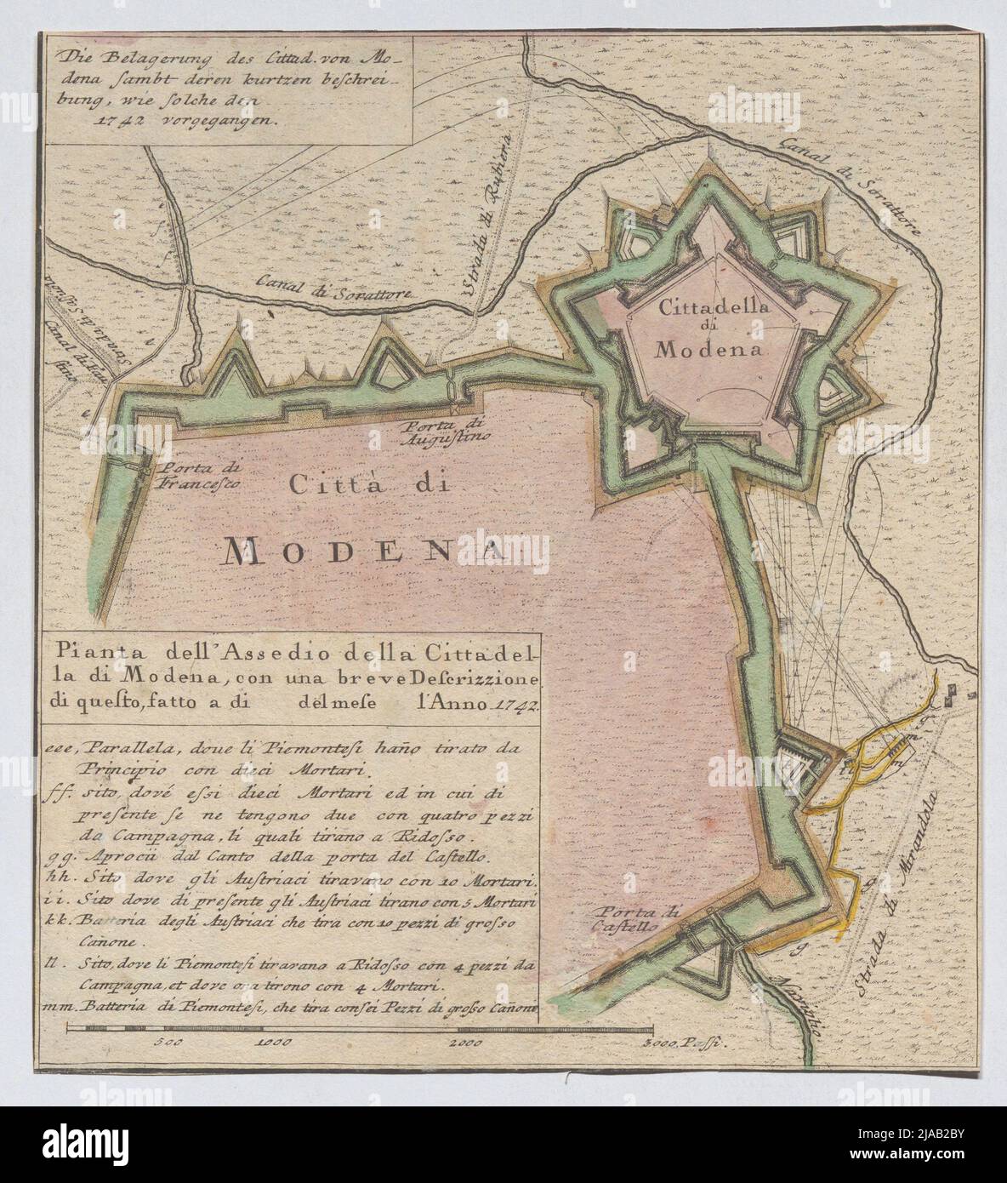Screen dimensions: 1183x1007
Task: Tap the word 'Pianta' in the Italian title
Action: click(84, 654)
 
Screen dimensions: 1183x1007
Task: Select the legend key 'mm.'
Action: click(56, 1007)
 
